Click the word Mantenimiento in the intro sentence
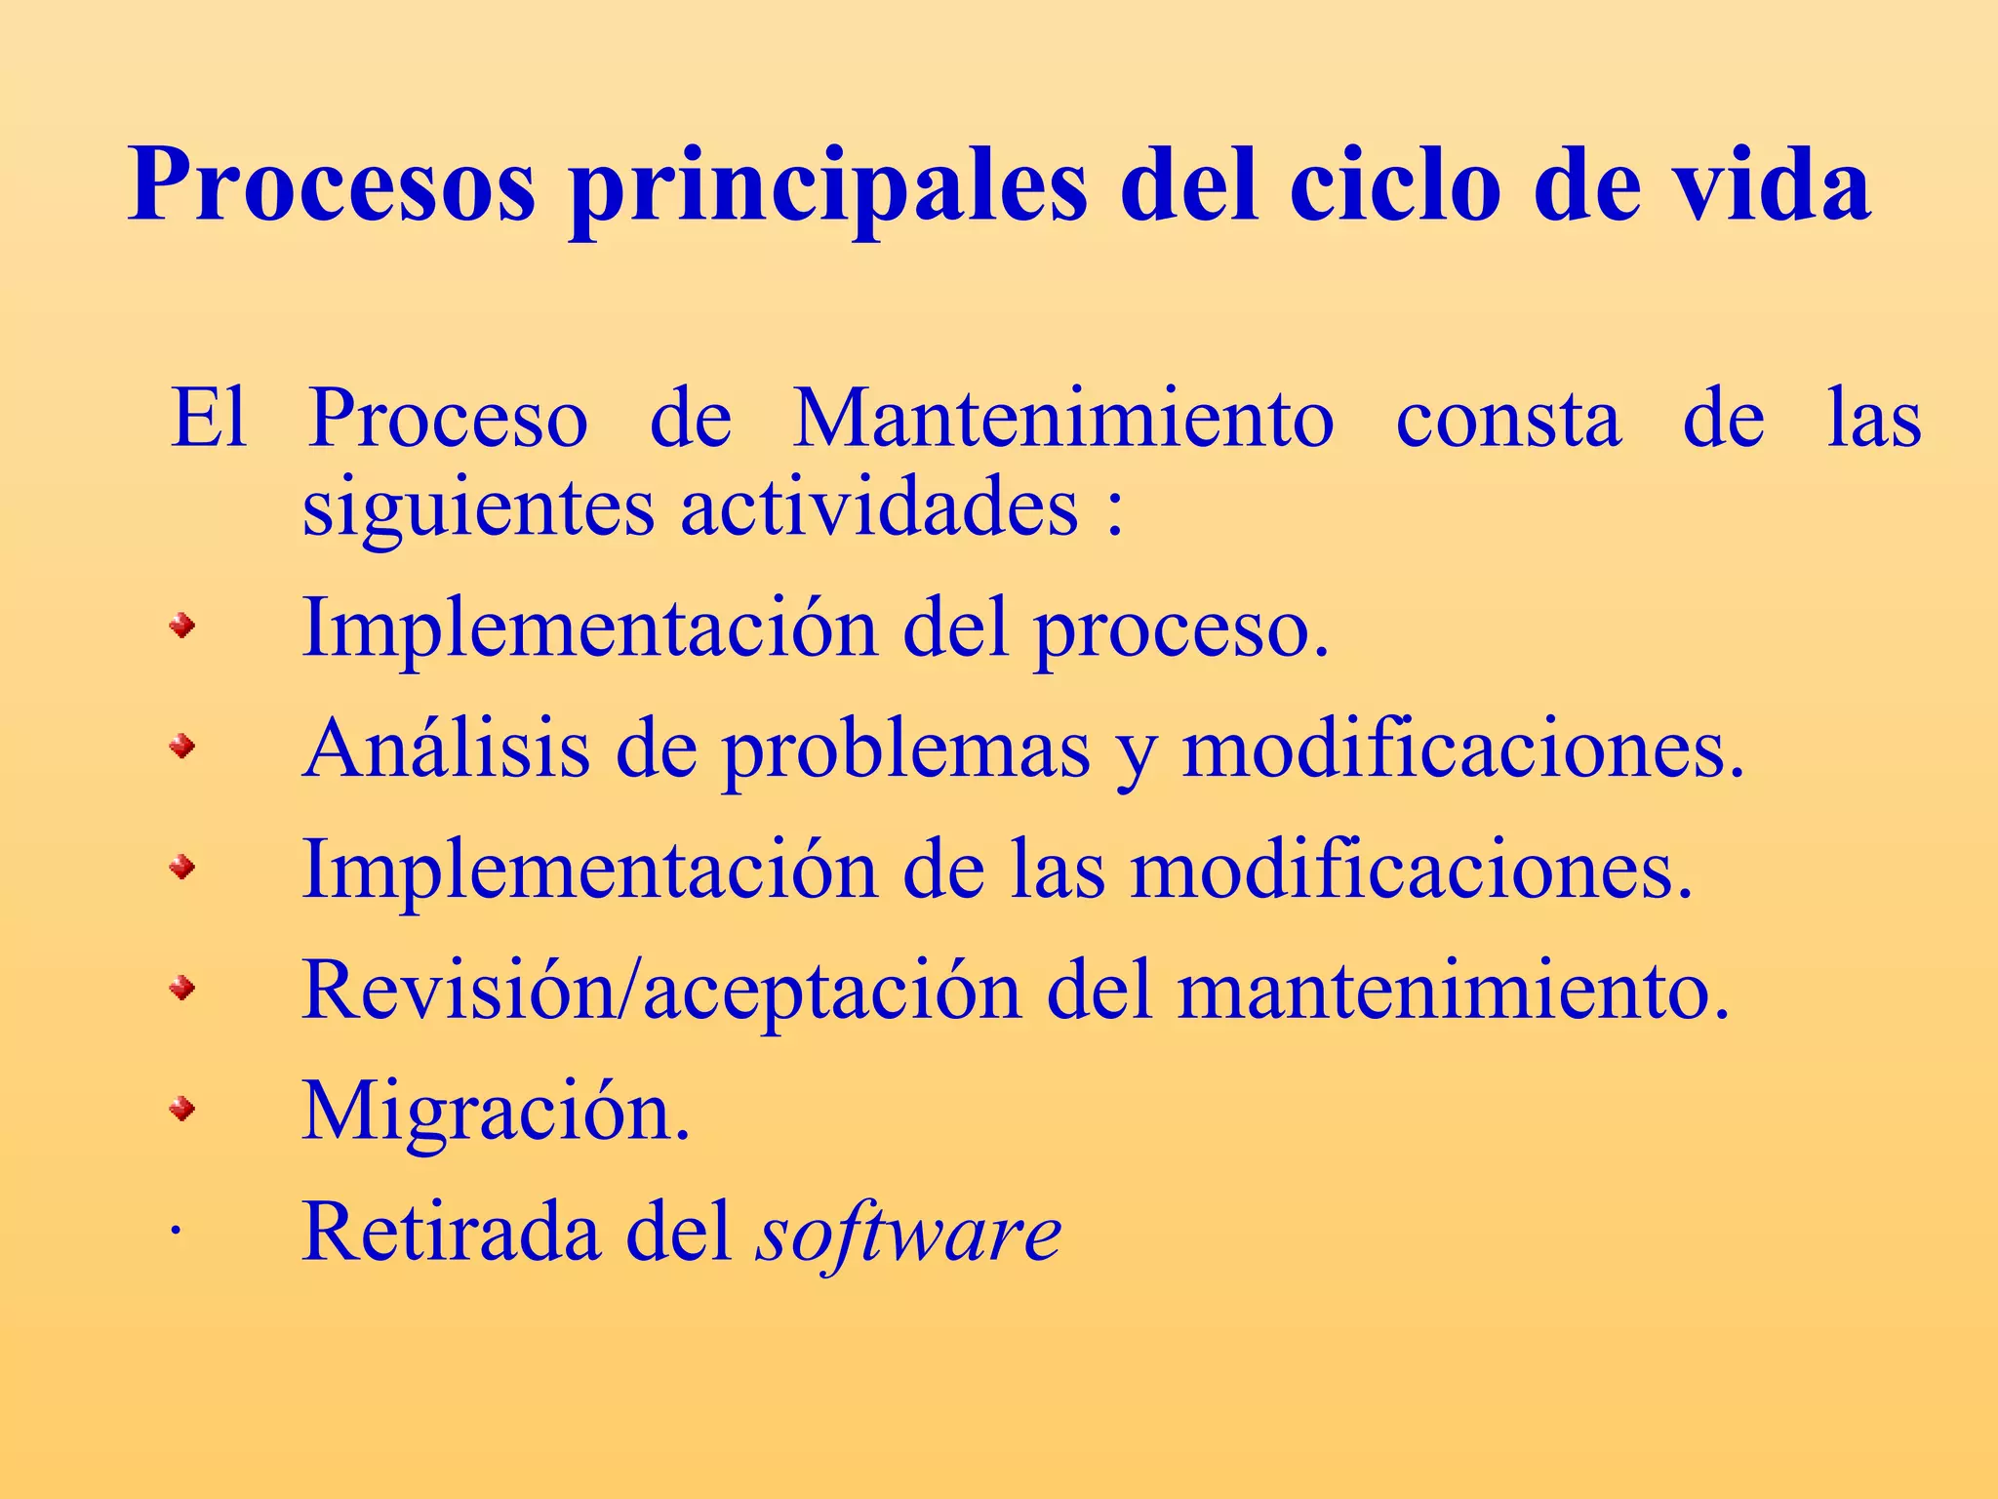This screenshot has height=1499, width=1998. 1063,420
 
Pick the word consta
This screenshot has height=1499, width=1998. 1508,420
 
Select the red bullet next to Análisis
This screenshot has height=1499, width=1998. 181,748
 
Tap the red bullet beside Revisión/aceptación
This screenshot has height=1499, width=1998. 181,990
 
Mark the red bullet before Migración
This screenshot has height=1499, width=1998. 181,1109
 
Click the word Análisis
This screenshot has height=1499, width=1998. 447,749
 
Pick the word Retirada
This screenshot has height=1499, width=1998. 451,1232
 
